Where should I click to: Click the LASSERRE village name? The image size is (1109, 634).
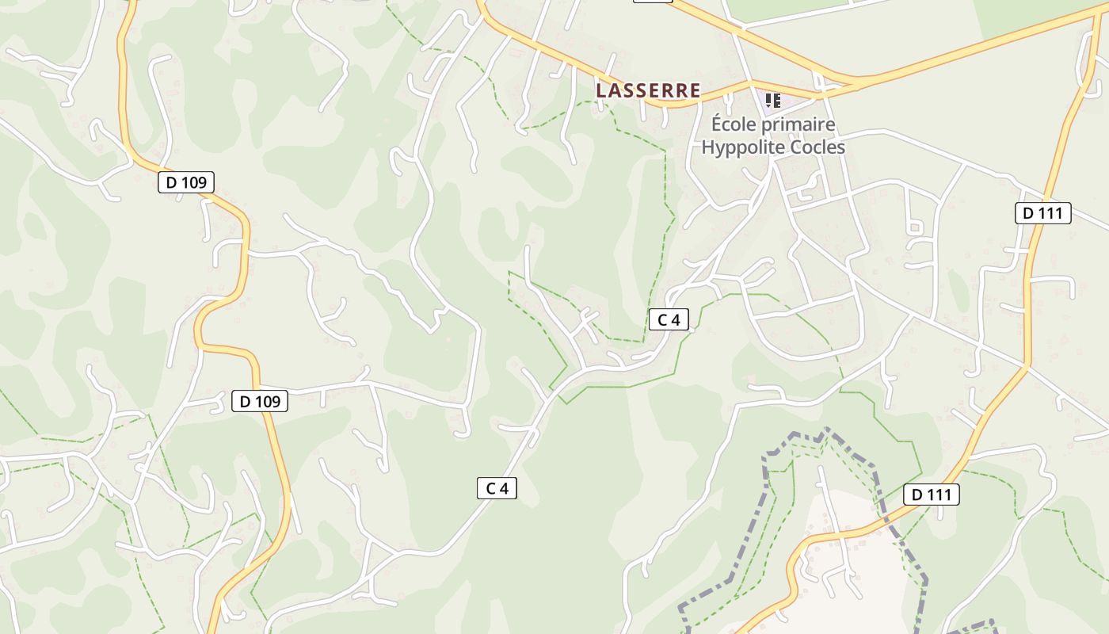(x=648, y=91)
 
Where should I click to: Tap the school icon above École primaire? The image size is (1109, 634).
(x=772, y=101)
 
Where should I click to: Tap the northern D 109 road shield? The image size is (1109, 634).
(x=186, y=182)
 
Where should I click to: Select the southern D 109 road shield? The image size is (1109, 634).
(x=260, y=401)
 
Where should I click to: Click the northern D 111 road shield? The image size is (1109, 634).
(x=1043, y=212)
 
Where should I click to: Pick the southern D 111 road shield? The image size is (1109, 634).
(x=932, y=495)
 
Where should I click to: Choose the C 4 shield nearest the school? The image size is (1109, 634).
(x=669, y=319)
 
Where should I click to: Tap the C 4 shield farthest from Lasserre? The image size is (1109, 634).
(x=497, y=488)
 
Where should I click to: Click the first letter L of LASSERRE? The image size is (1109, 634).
(x=601, y=91)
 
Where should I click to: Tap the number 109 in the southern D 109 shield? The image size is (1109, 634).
(x=268, y=401)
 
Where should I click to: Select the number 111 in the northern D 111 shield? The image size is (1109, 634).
(x=1051, y=212)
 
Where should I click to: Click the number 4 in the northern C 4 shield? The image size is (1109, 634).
(x=675, y=319)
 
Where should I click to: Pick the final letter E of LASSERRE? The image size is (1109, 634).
(x=696, y=91)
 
